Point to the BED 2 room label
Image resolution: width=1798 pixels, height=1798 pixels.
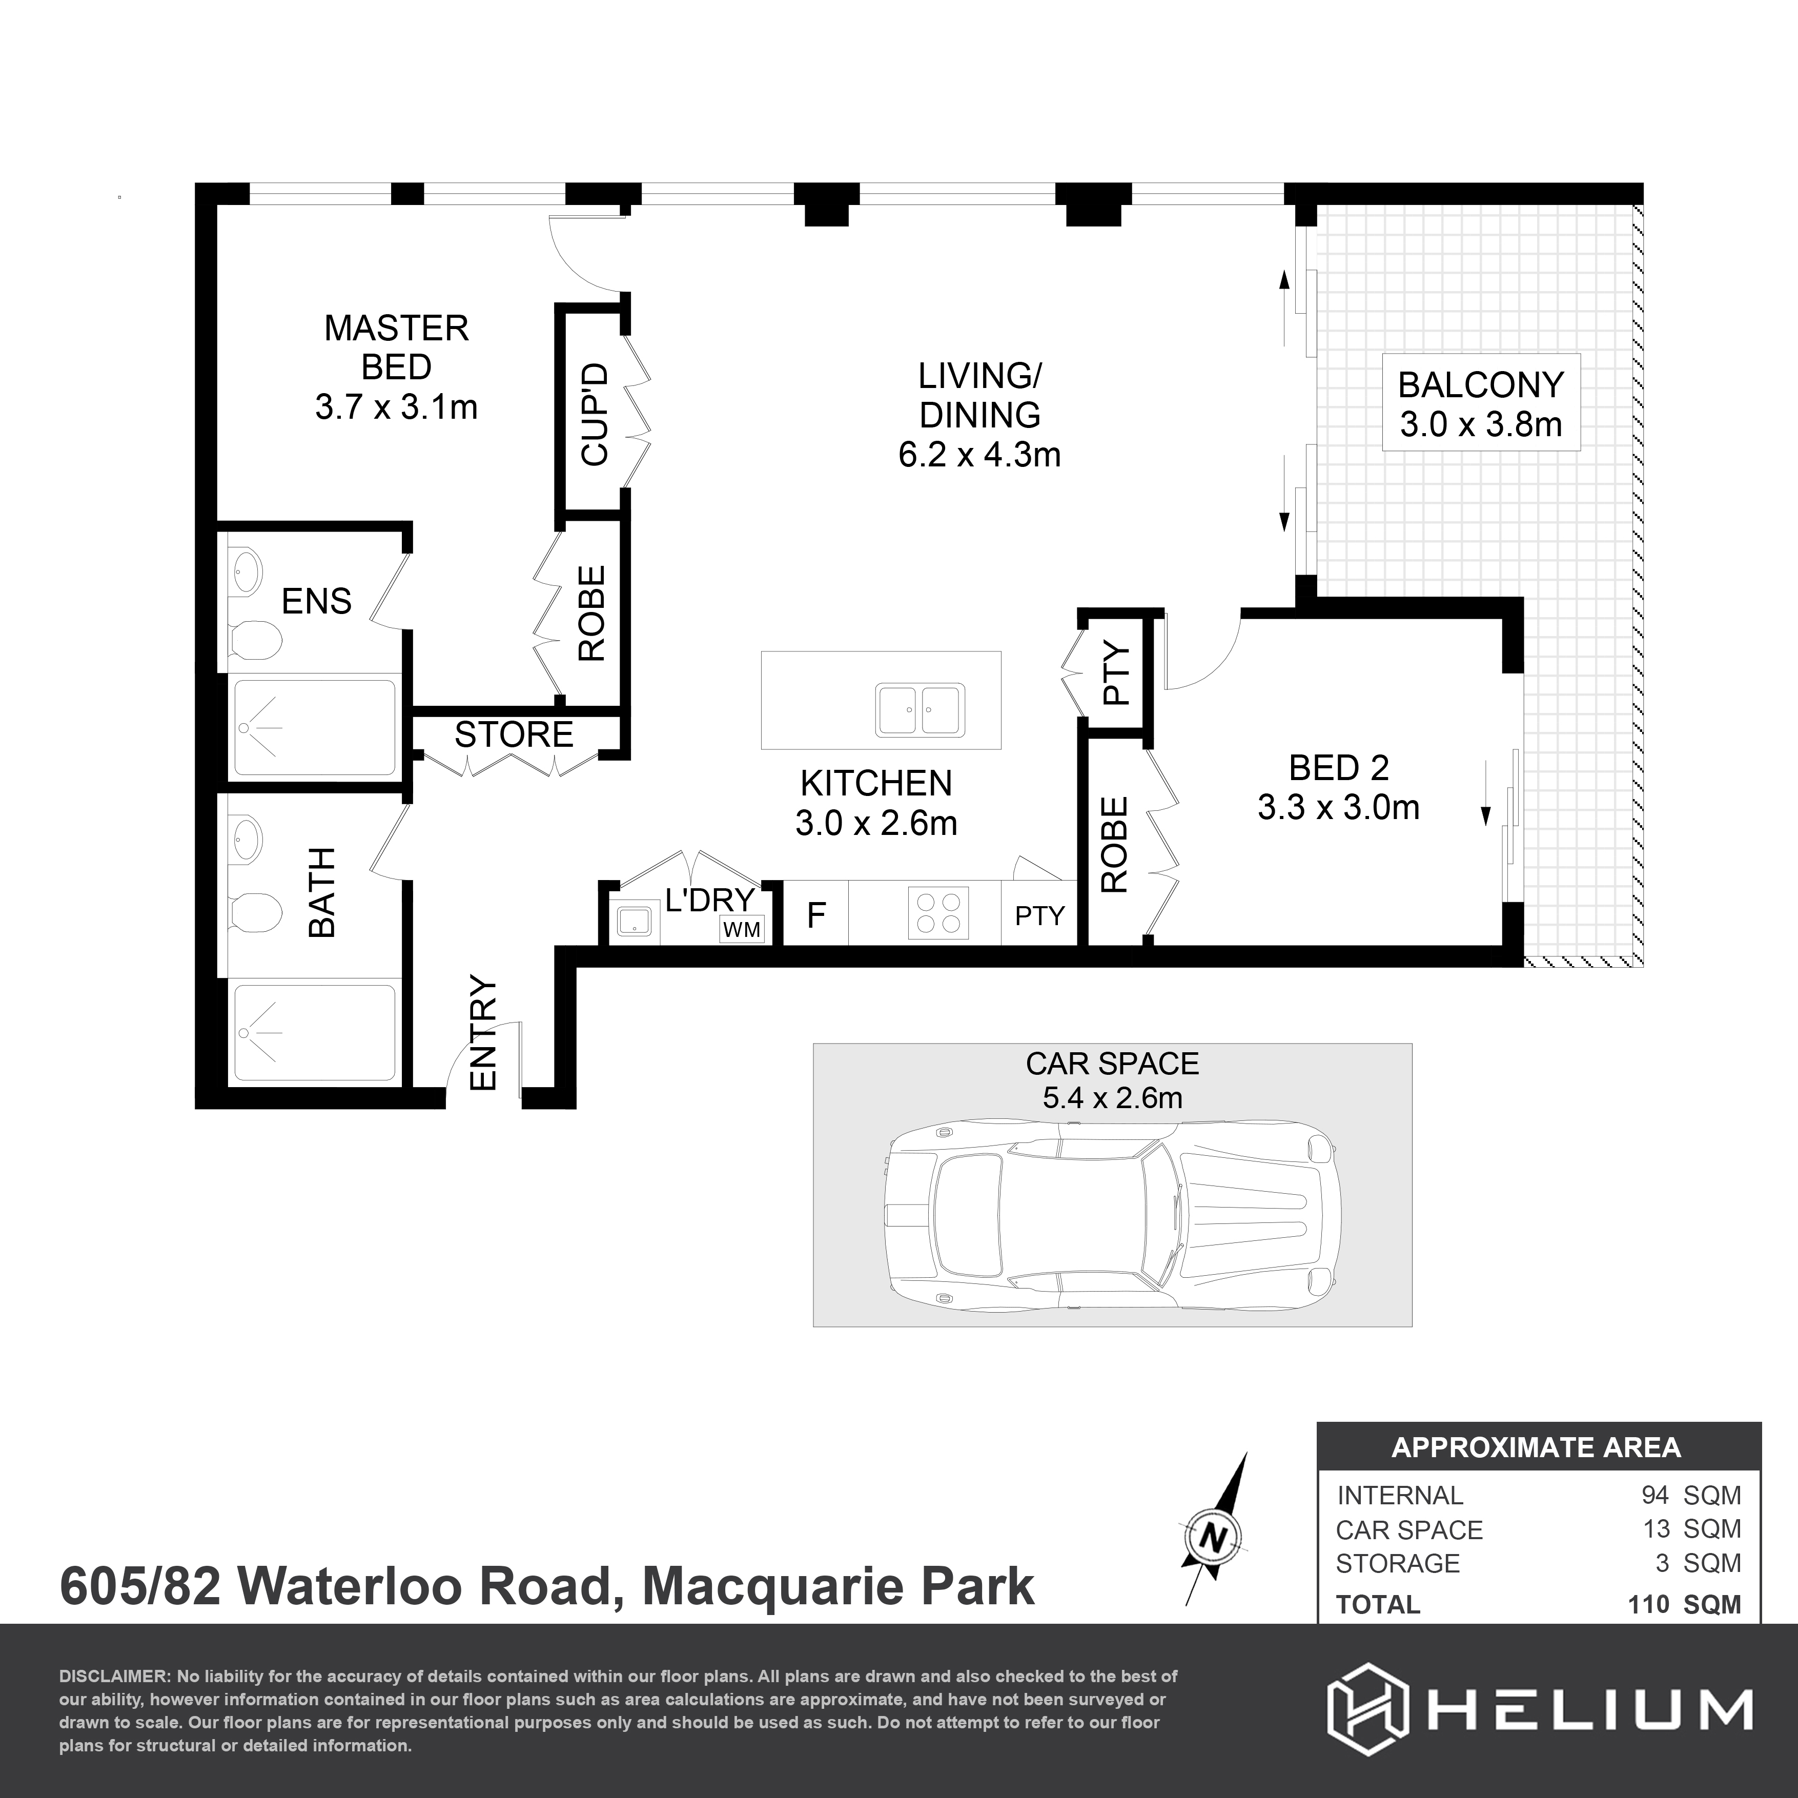(x=1338, y=768)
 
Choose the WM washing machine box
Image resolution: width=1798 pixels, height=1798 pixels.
(x=742, y=929)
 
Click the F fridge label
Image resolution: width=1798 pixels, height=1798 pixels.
(x=815, y=916)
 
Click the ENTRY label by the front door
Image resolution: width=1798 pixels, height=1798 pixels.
(x=484, y=1032)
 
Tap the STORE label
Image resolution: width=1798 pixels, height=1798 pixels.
(x=514, y=734)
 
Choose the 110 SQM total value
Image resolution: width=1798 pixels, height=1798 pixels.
(x=1684, y=1604)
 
